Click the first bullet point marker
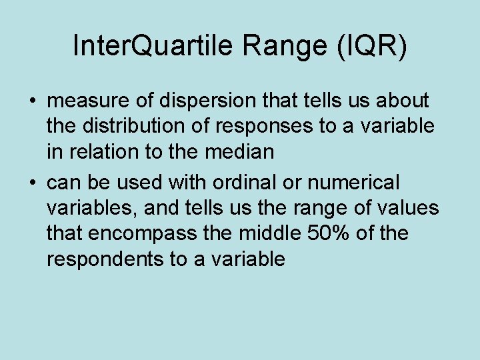coord(33,102)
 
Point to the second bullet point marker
coord(33,182)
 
